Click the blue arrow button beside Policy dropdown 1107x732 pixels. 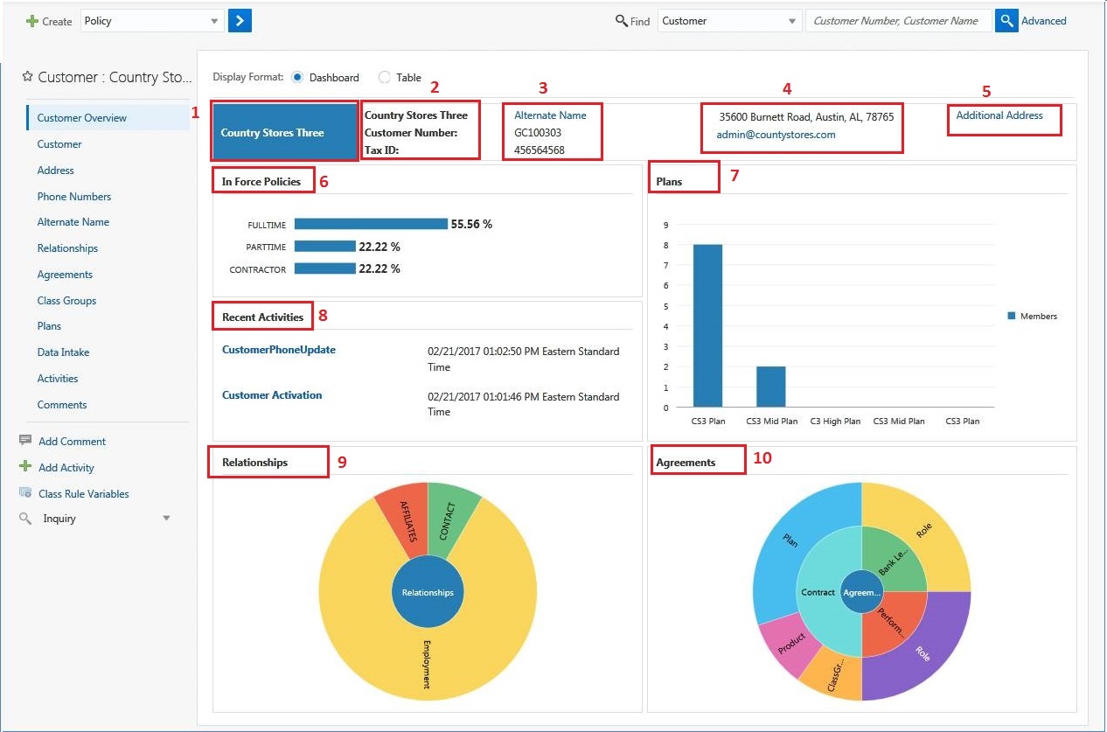coord(240,21)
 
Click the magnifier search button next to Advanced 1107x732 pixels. coord(1006,21)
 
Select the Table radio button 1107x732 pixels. coord(385,78)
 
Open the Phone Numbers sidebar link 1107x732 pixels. coord(74,197)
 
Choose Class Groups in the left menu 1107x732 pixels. coord(66,301)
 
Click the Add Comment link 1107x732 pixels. coord(72,442)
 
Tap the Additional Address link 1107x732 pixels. coord(999,115)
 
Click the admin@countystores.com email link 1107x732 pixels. coord(776,135)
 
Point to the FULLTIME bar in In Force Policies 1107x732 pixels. coord(371,224)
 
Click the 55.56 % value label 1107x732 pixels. coord(471,225)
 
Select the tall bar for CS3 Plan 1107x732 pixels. coord(707,325)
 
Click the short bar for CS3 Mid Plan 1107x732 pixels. coord(771,387)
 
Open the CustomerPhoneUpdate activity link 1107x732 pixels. coord(279,350)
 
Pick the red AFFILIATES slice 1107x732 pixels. coord(403,520)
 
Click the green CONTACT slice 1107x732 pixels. coord(450,516)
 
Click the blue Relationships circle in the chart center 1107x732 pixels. coord(428,592)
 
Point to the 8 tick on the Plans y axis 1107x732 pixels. coord(665,245)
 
